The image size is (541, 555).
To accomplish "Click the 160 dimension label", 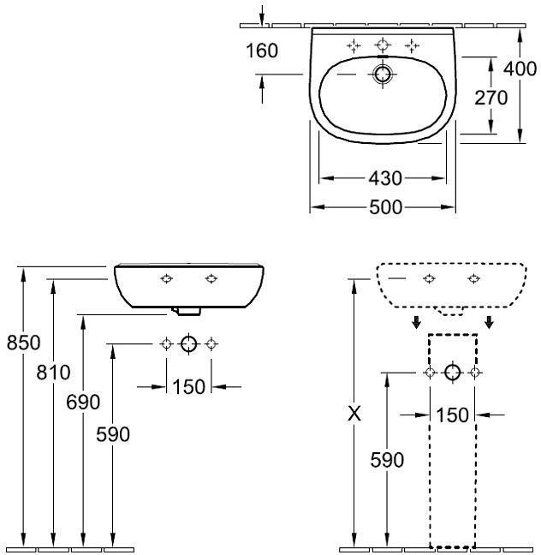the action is coord(262,51).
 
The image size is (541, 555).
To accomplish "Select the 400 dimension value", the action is coord(520,69).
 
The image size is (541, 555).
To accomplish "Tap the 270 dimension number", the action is coord(490,98).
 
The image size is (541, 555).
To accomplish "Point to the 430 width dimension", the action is coord(385,178).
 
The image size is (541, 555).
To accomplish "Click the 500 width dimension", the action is coord(386,207).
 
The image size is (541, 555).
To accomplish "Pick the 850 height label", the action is coord(24,343).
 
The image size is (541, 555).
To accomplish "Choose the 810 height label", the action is coord(53,373).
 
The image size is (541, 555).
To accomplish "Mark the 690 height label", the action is coord(83,402).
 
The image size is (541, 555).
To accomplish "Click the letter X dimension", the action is coord(354,413).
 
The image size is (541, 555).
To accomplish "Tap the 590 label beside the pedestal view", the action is coord(387,460).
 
